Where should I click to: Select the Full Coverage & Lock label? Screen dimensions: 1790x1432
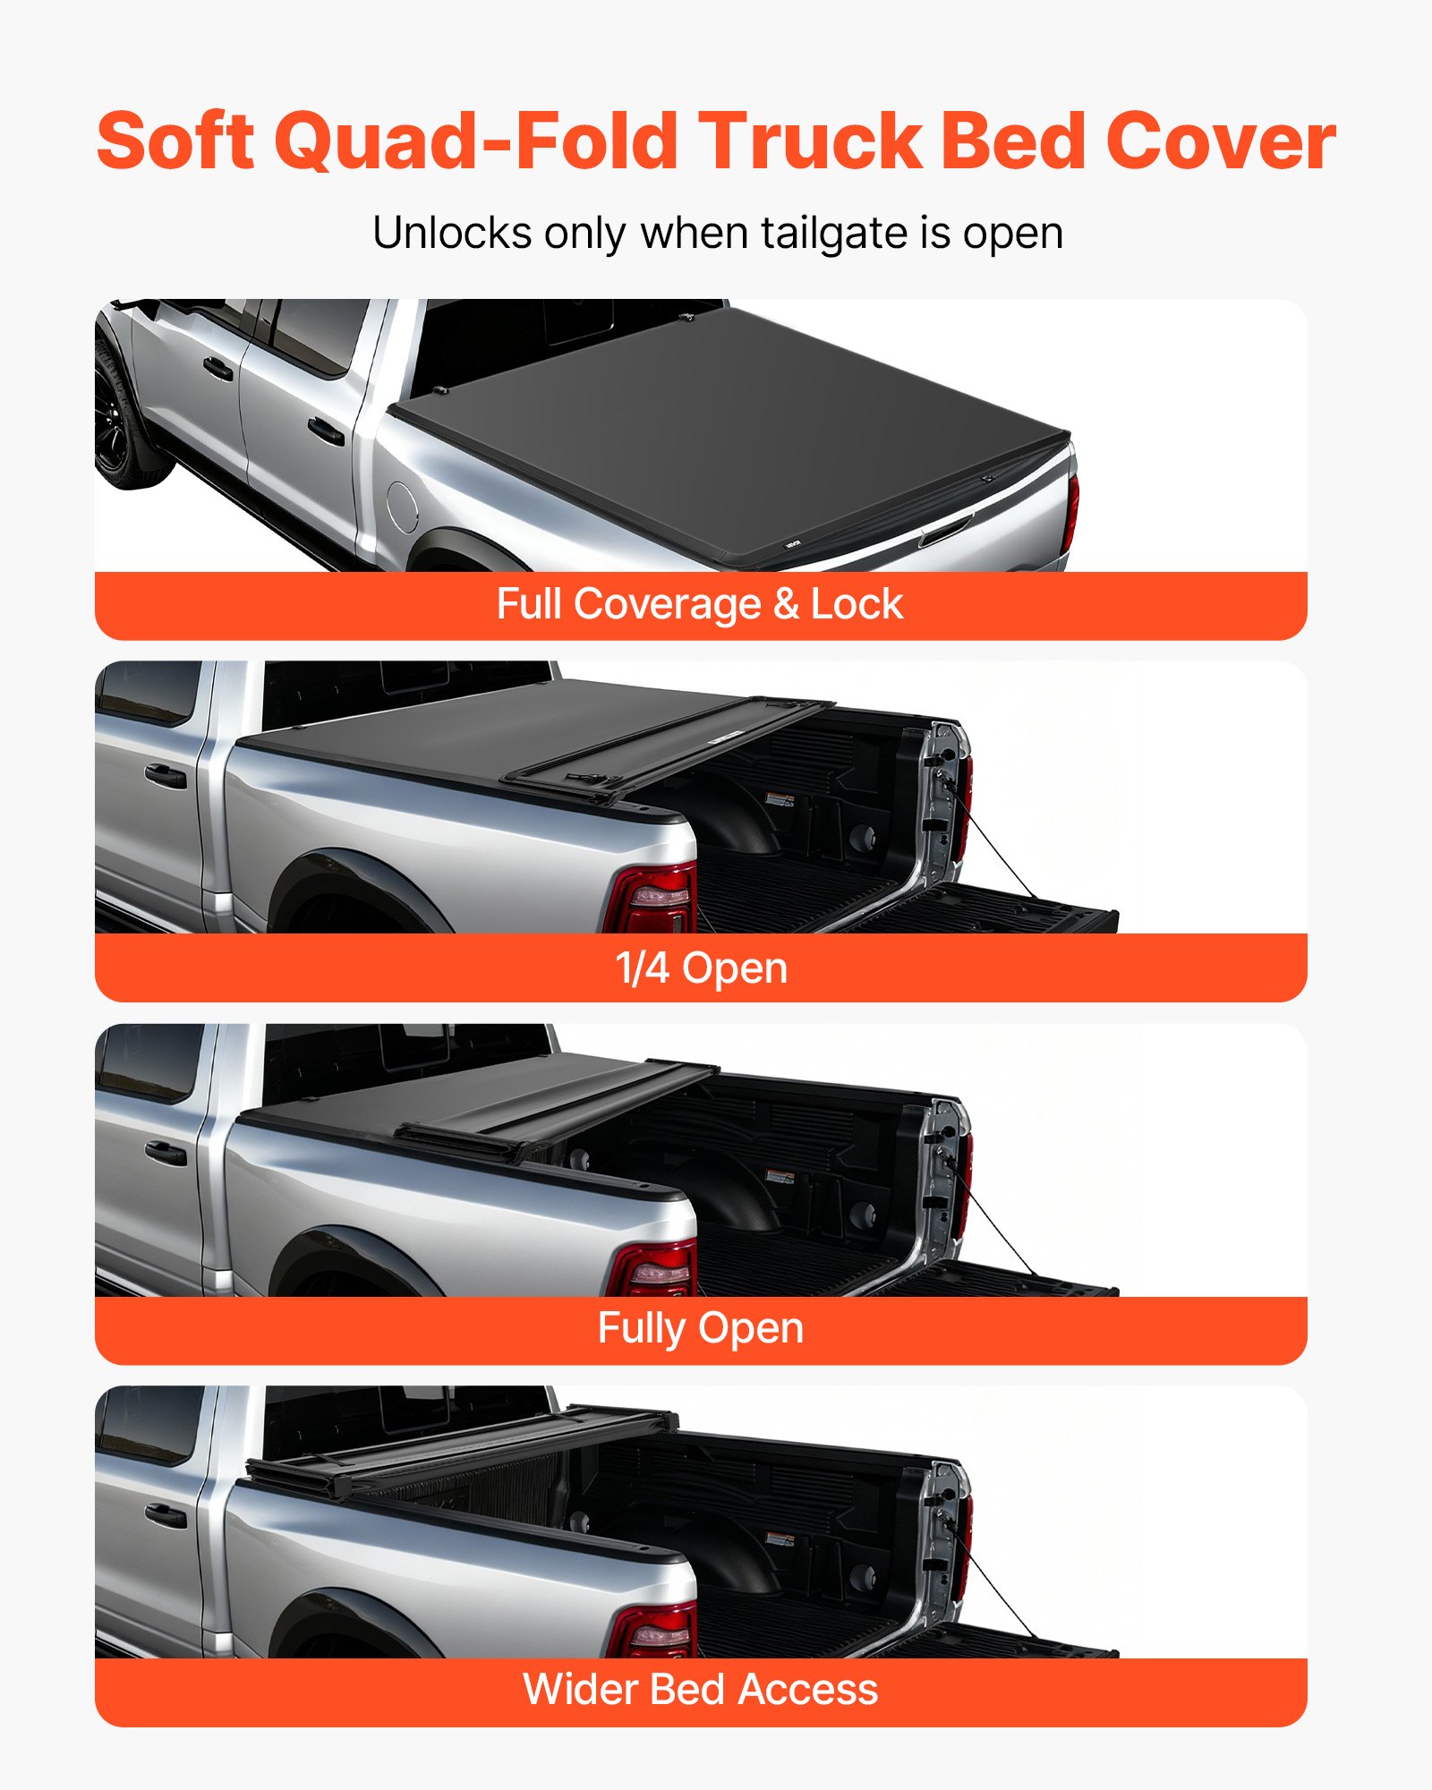[700, 604]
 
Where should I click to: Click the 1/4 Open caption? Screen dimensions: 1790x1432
[701, 968]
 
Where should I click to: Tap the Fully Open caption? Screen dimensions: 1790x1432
[701, 1328]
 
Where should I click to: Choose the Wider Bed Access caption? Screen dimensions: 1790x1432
[701, 1690]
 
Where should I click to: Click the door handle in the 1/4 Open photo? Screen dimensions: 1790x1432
[166, 775]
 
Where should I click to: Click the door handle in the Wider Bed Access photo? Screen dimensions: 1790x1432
[166, 1516]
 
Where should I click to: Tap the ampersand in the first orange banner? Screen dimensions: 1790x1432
[786, 604]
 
